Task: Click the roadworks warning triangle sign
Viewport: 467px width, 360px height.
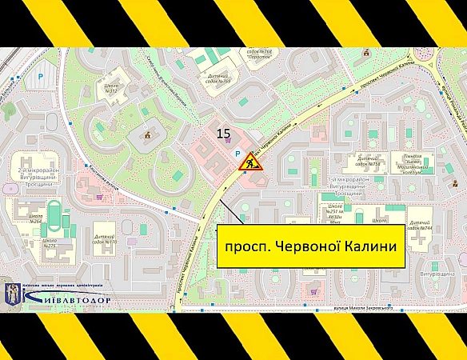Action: [249, 162]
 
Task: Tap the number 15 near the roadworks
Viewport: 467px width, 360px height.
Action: [225, 134]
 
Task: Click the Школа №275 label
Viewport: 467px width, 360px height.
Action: [50, 242]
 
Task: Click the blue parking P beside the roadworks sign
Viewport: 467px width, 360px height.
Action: [234, 153]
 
